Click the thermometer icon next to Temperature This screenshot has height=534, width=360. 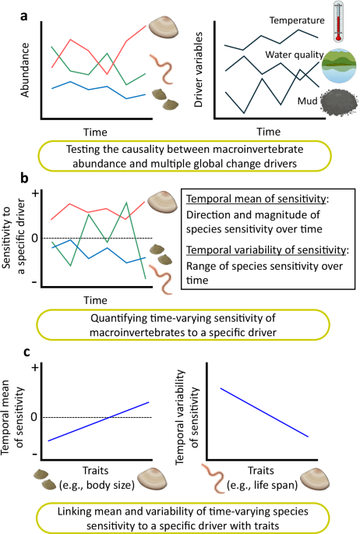pos(338,22)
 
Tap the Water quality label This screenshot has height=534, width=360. pos(294,55)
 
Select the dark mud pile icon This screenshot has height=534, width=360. pos(339,101)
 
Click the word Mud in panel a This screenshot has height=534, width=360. pos(307,101)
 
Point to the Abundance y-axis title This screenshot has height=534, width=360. pos(25,70)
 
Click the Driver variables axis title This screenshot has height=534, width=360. pos(198,70)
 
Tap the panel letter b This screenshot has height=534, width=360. pos(24,178)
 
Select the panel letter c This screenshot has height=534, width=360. pos(26,352)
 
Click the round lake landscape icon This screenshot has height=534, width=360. pos(339,65)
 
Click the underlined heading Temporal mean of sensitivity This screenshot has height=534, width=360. pos(256,199)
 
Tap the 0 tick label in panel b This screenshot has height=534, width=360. pos(34,238)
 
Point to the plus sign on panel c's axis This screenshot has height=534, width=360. pos(35,368)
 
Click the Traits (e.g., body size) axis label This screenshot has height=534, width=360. pos(97,477)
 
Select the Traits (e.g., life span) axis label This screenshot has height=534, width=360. pos(262,477)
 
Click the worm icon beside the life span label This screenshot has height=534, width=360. pos(213,477)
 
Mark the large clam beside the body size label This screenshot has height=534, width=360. pos(152,478)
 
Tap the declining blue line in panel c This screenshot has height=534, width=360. pos(264,412)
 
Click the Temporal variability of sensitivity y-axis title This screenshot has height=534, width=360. pos(186,417)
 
